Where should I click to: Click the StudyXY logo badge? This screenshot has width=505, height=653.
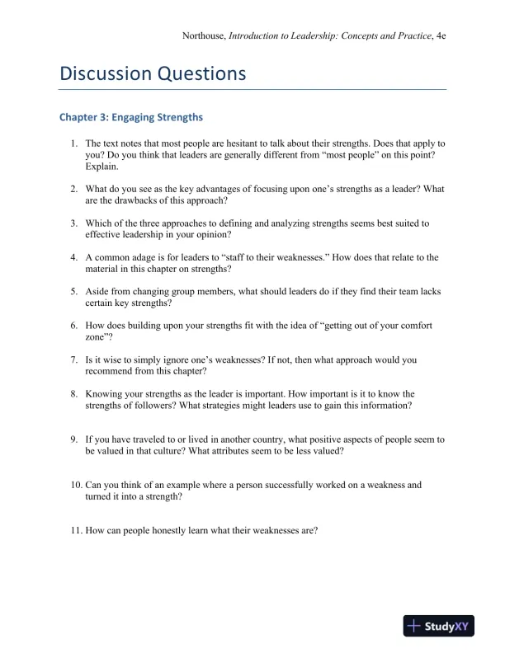pos(439,627)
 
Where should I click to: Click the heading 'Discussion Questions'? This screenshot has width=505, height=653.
pos(153,73)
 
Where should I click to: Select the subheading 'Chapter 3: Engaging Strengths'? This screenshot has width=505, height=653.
pos(130,117)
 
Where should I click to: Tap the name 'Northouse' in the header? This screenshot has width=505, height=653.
pos(203,36)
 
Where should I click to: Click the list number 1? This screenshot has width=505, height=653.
pos(74,143)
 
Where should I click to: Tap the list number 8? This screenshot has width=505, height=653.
pos(74,394)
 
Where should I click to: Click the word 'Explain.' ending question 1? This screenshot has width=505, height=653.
pos(102,167)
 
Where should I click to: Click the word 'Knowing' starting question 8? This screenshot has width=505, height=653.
pos(105,394)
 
